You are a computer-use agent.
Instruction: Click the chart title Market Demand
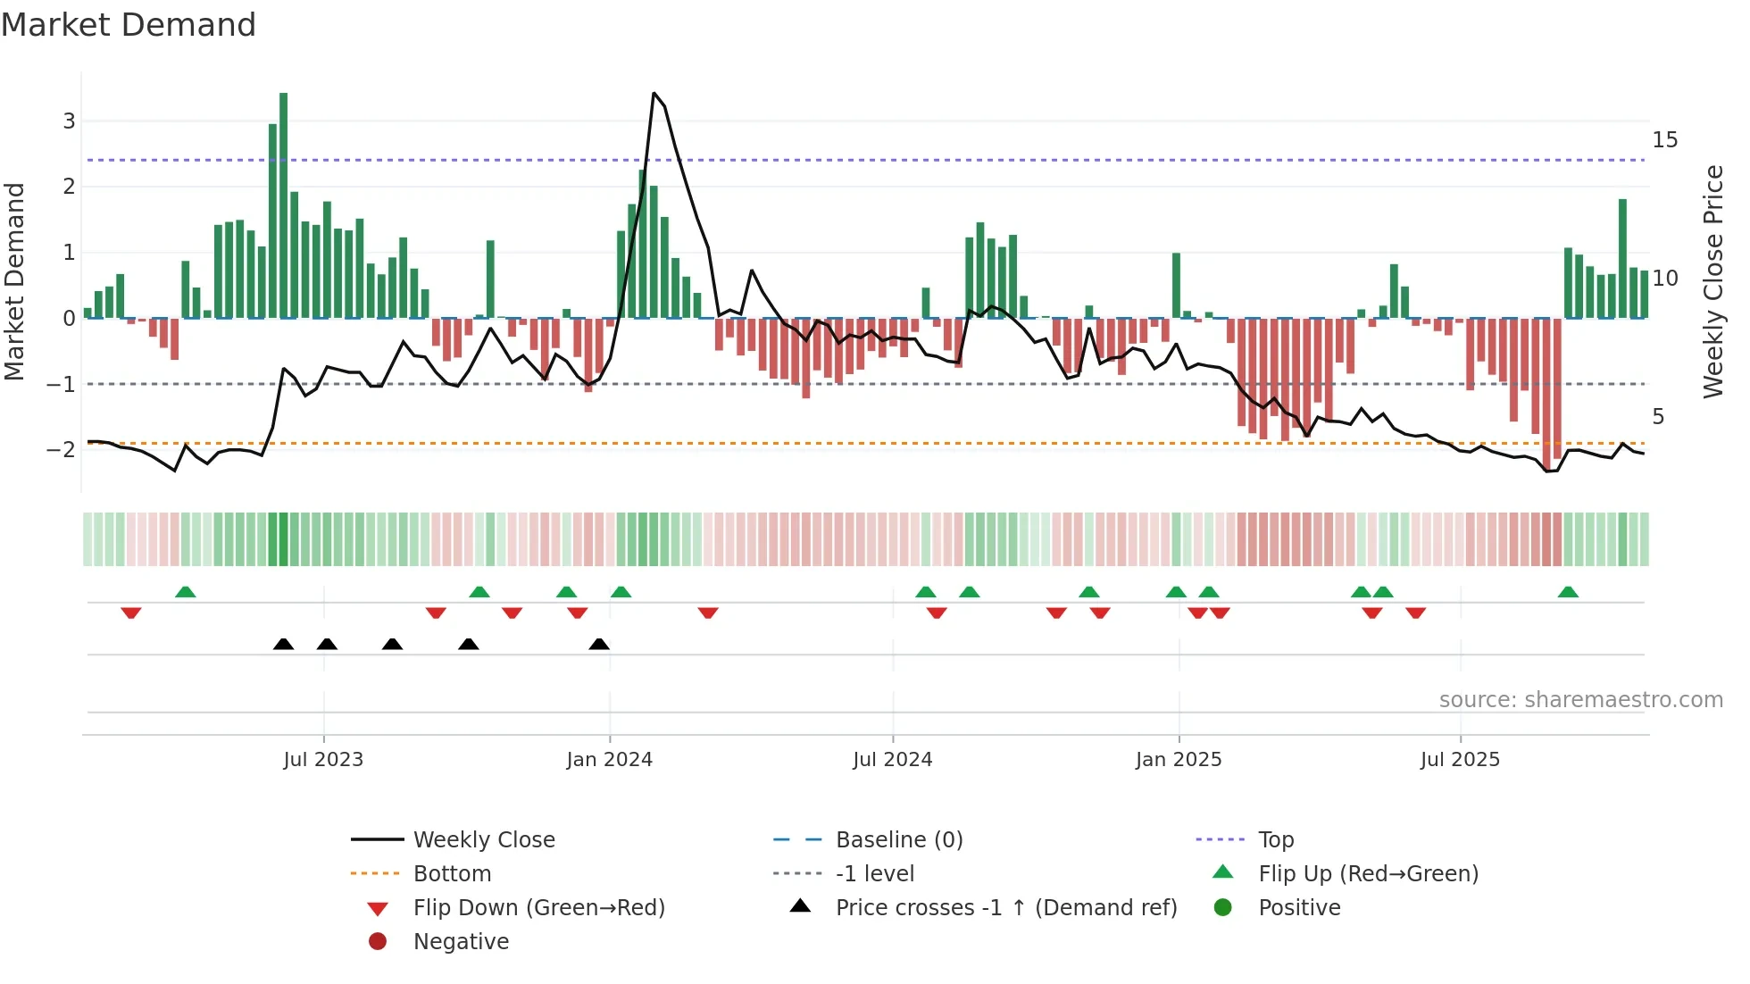point(129,25)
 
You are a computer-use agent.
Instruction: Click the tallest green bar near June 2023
point(283,205)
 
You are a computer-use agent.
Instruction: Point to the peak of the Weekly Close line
point(654,94)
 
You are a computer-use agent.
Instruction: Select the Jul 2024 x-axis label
point(892,760)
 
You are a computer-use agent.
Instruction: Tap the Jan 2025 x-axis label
point(1178,760)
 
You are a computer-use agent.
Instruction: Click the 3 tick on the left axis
point(69,121)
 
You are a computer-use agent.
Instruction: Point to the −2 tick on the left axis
point(62,449)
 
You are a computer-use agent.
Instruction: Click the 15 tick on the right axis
point(1664,140)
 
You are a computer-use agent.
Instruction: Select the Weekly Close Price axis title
point(1712,281)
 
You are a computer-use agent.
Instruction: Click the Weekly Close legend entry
point(483,840)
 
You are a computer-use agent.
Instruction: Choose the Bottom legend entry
point(452,874)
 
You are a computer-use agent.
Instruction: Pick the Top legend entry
point(1275,840)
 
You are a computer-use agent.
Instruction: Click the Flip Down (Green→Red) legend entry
point(538,908)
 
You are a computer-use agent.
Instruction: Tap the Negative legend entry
point(461,942)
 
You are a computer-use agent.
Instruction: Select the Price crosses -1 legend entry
point(1005,908)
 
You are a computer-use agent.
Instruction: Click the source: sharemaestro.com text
point(1580,700)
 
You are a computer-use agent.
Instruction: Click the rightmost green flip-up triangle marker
point(1568,592)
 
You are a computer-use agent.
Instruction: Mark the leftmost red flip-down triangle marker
point(131,613)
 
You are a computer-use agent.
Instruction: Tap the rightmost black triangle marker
point(599,644)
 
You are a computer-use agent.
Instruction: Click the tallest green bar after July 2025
point(1622,259)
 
